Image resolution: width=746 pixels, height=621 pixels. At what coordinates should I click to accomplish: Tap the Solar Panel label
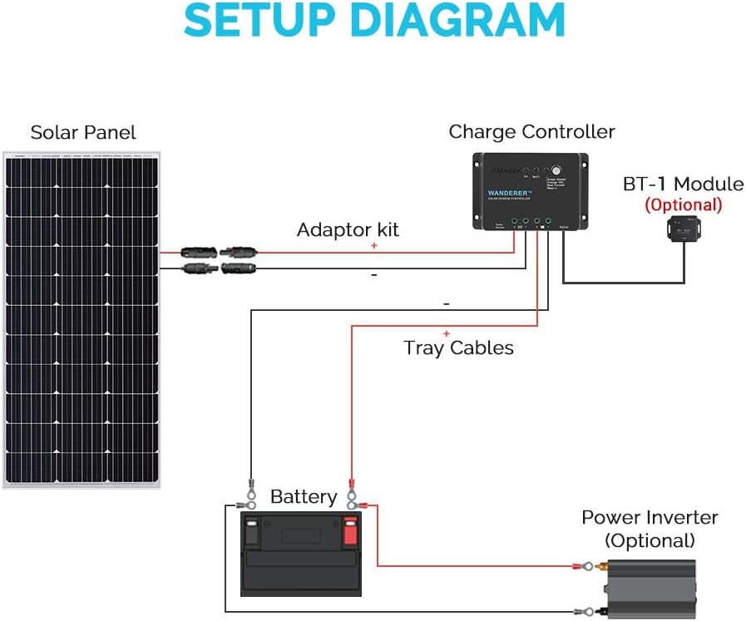pyautogui.click(x=83, y=132)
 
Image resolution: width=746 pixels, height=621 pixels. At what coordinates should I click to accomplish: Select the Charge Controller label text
pyautogui.click(x=531, y=131)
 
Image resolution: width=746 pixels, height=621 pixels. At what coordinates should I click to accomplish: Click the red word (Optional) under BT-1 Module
pyautogui.click(x=684, y=205)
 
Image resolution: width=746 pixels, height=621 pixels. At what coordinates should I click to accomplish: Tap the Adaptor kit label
pyautogui.click(x=348, y=229)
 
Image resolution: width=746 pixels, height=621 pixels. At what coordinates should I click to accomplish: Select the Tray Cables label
pyautogui.click(x=458, y=347)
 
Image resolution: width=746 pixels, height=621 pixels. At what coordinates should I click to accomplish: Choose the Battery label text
pyautogui.click(x=304, y=497)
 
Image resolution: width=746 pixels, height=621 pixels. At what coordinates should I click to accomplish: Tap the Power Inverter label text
pyautogui.click(x=650, y=517)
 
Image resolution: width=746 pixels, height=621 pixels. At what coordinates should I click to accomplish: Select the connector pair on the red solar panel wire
pyautogui.click(x=219, y=250)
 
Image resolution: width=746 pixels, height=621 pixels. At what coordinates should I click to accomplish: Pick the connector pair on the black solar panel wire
pyautogui.click(x=219, y=268)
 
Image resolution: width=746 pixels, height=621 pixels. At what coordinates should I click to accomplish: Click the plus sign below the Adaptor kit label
pyautogui.click(x=373, y=246)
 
